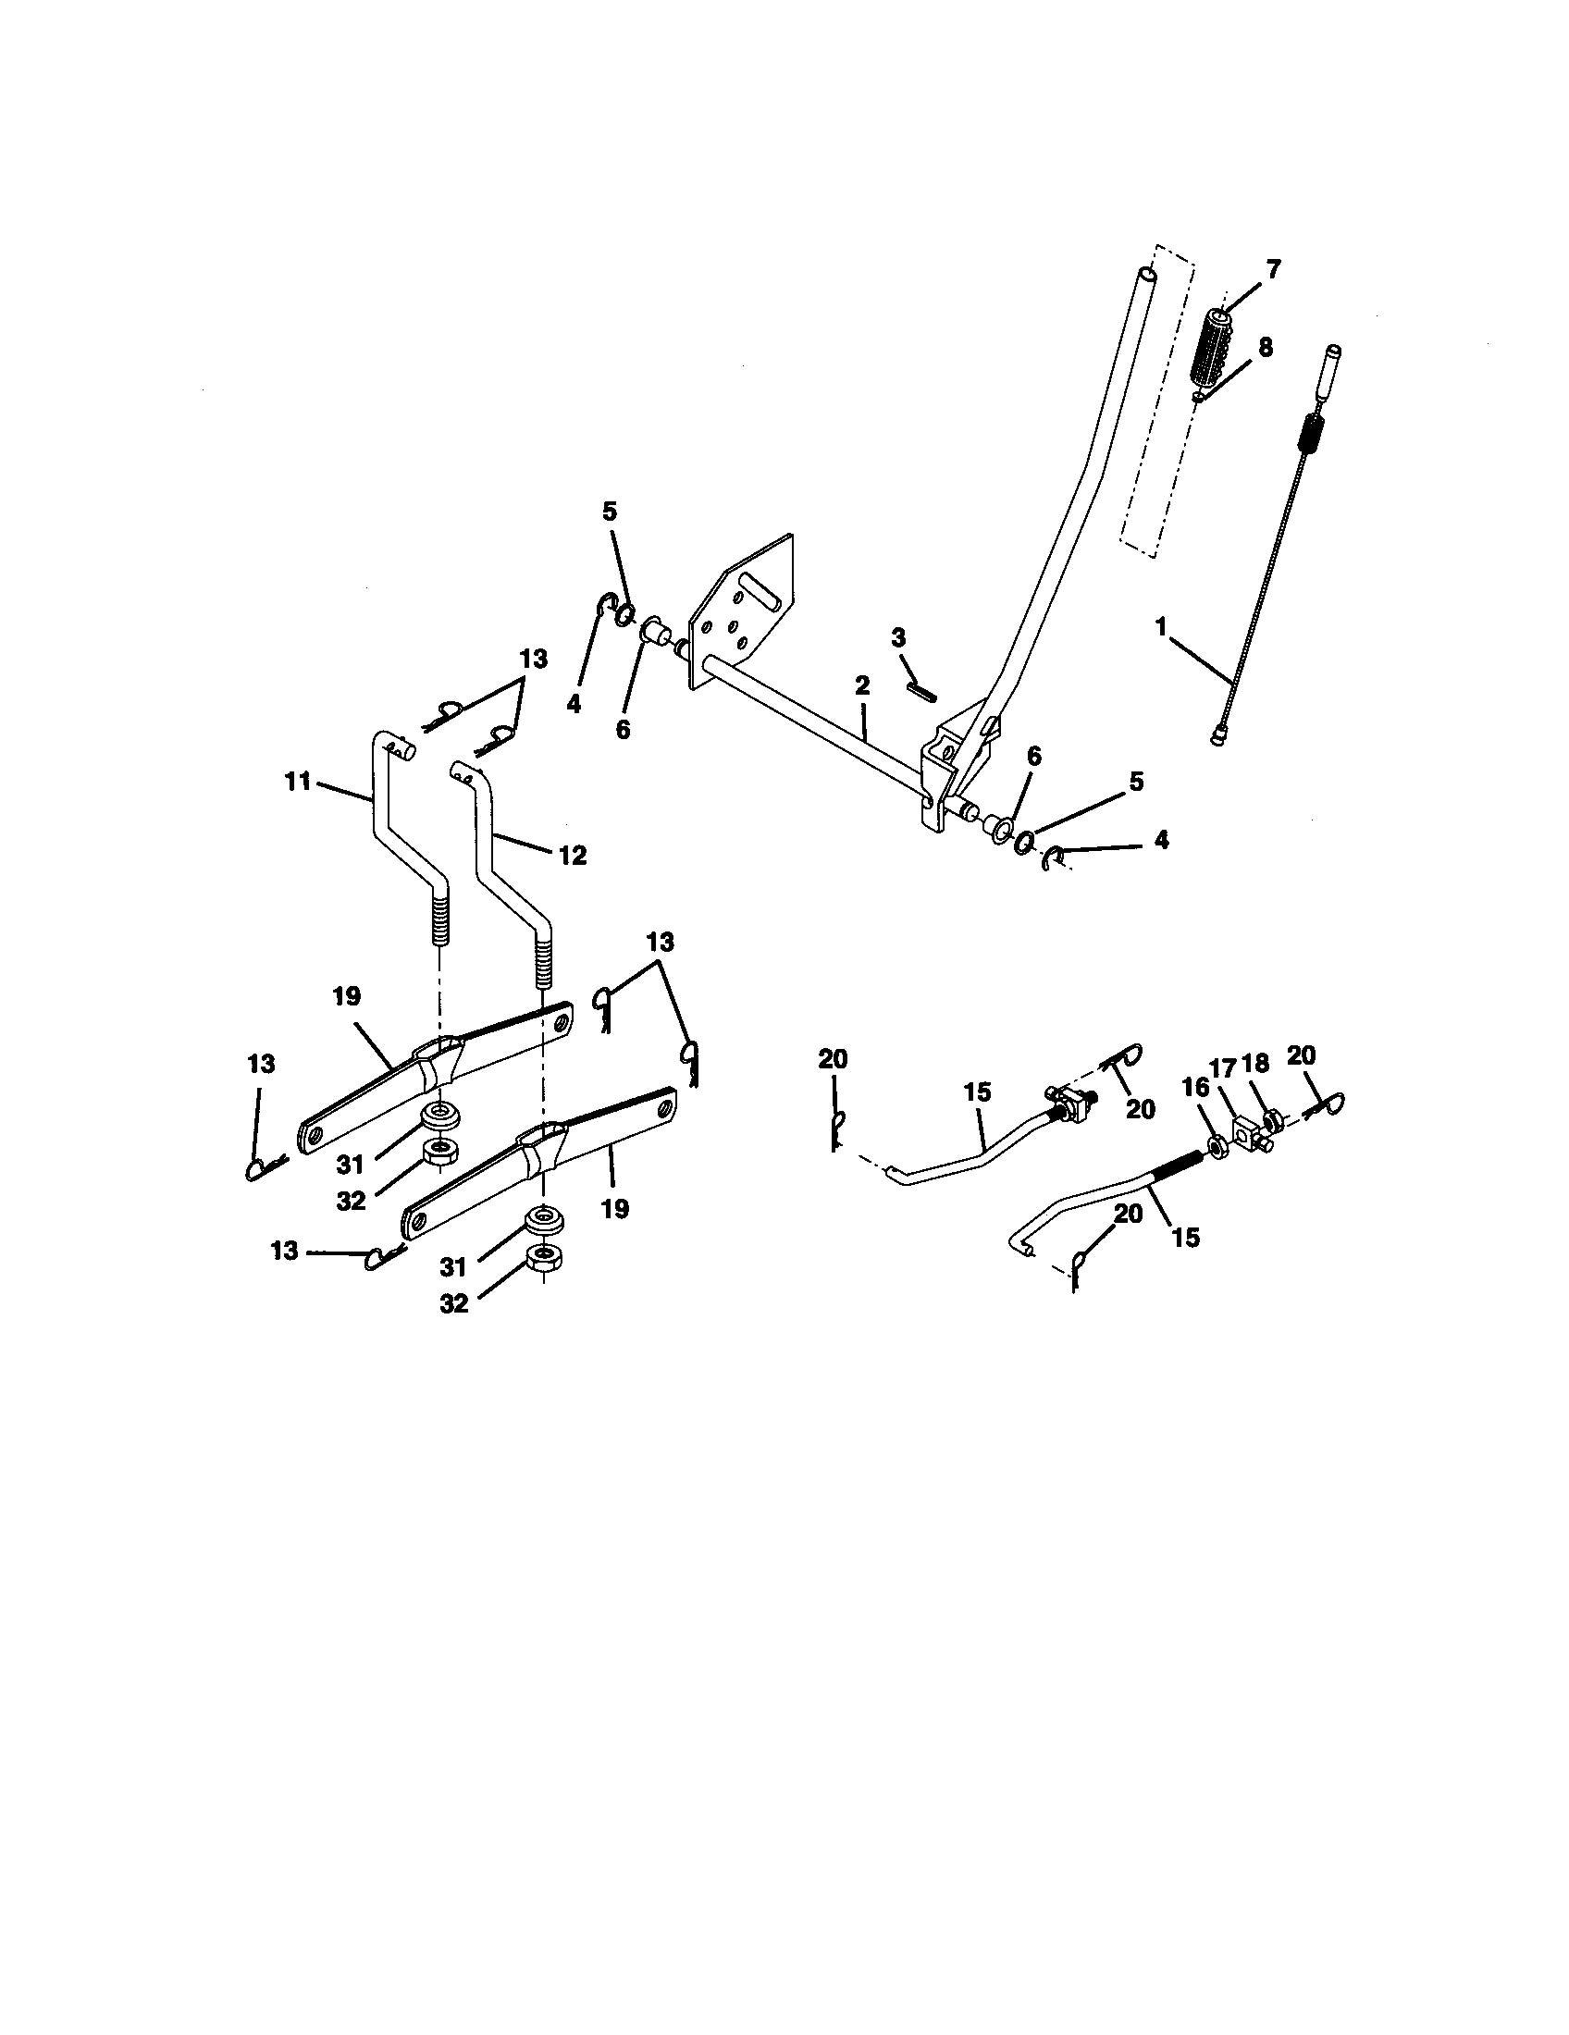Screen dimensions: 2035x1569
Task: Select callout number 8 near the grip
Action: (1265, 348)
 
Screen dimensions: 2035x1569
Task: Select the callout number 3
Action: (898, 638)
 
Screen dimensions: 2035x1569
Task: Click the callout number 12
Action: (572, 855)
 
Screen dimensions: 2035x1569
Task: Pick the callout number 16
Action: (1195, 1088)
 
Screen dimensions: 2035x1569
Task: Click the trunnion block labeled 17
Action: (1248, 1134)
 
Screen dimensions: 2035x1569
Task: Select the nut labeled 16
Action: (1217, 1142)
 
